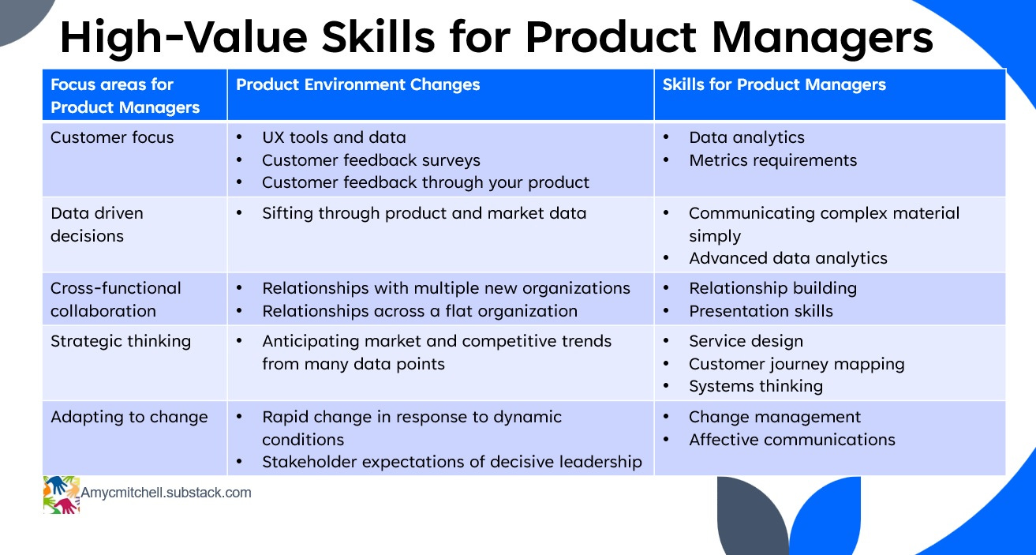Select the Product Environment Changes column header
[358, 84]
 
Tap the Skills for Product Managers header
[774, 84]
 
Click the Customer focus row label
[112, 137]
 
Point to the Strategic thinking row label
[121, 342]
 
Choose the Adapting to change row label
[129, 417]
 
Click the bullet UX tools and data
[334, 137]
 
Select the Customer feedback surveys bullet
[371, 160]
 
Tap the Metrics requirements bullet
[772, 160]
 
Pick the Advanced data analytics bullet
[788, 258]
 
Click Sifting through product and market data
[424, 213]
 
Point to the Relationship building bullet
[772, 288]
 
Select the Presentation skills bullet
[761, 311]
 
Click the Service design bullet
[746, 342]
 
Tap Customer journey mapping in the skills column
[796, 364]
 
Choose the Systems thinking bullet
[756, 387]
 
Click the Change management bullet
[775, 417]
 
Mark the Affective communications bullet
[792, 440]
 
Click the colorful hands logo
[62, 495]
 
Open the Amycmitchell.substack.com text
[166, 493]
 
